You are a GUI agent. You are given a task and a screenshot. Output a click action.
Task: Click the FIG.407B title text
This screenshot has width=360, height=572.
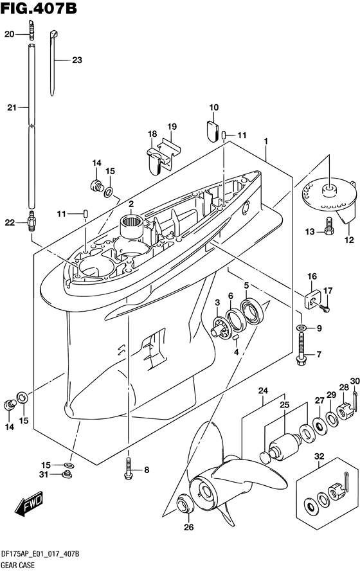pyautogui.click(x=39, y=8)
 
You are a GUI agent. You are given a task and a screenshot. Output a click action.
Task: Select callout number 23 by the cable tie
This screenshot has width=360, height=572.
pyautogui.click(x=77, y=60)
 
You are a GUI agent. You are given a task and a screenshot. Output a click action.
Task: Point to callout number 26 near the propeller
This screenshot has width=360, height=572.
pyautogui.click(x=188, y=527)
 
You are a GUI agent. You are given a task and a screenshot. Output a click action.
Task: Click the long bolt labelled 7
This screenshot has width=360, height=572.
pyautogui.click(x=301, y=350)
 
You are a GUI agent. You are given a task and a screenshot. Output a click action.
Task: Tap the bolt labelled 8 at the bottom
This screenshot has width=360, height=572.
pyautogui.click(x=128, y=469)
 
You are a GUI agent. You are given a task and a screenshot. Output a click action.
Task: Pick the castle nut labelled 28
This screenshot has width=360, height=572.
pyautogui.click(x=345, y=411)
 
